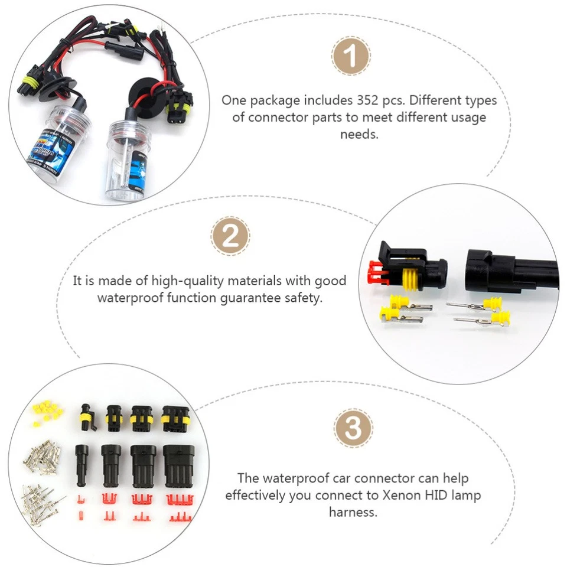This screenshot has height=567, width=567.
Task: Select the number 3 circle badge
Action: coord(353,427)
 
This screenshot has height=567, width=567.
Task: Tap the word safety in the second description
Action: coord(305,298)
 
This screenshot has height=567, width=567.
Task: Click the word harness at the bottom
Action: coord(353,512)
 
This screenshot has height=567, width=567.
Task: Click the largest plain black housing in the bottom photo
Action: coord(178,464)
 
